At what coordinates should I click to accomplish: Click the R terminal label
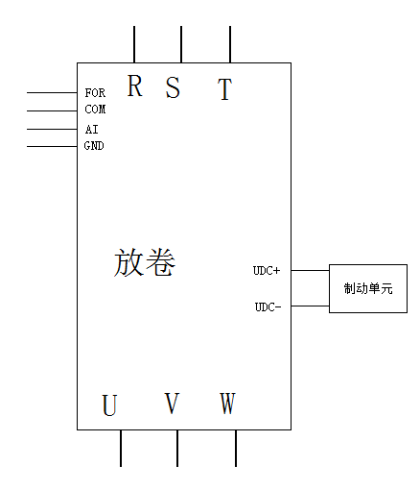[134, 86]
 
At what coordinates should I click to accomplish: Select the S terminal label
[173, 87]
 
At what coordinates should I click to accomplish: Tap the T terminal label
[224, 89]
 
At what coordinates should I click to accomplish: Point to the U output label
[109, 405]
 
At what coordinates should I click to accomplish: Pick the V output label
[172, 403]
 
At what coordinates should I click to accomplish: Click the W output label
[227, 403]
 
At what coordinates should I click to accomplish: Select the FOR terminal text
[95, 93]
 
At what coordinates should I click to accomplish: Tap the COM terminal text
[95, 110]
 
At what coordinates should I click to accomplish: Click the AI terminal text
[92, 130]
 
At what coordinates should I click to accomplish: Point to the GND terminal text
[94, 146]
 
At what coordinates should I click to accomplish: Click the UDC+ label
[267, 271]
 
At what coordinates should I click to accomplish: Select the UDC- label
[268, 306]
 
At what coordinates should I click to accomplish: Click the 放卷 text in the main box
[145, 262]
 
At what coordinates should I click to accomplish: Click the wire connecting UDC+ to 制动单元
[310, 270]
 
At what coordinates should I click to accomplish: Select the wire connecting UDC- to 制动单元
[310, 306]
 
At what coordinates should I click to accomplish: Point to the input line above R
[134, 44]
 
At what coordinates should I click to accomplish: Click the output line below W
[236, 448]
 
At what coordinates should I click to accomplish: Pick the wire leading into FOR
[52, 92]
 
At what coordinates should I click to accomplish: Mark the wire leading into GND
[52, 146]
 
